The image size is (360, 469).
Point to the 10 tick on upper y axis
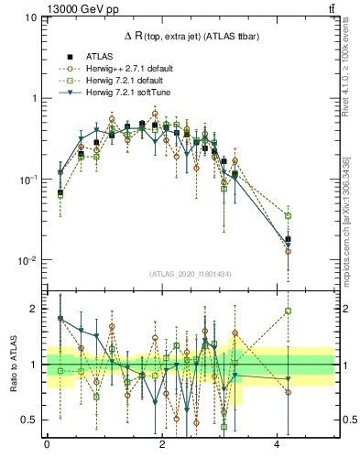[29, 17]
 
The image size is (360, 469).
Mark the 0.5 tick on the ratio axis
[32, 420]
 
